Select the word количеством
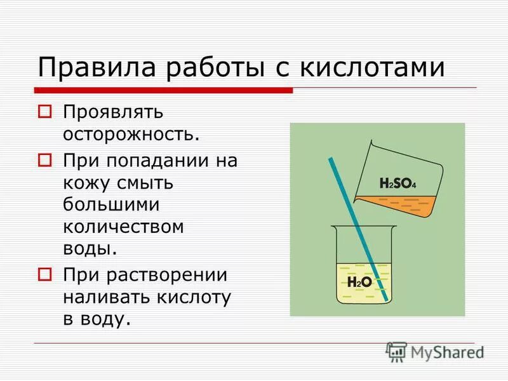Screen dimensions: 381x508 (123, 227)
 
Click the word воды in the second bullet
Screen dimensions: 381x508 (90, 250)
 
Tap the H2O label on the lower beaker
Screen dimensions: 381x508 (359, 282)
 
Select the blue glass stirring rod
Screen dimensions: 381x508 (356, 222)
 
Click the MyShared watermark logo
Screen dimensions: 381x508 (436, 351)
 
